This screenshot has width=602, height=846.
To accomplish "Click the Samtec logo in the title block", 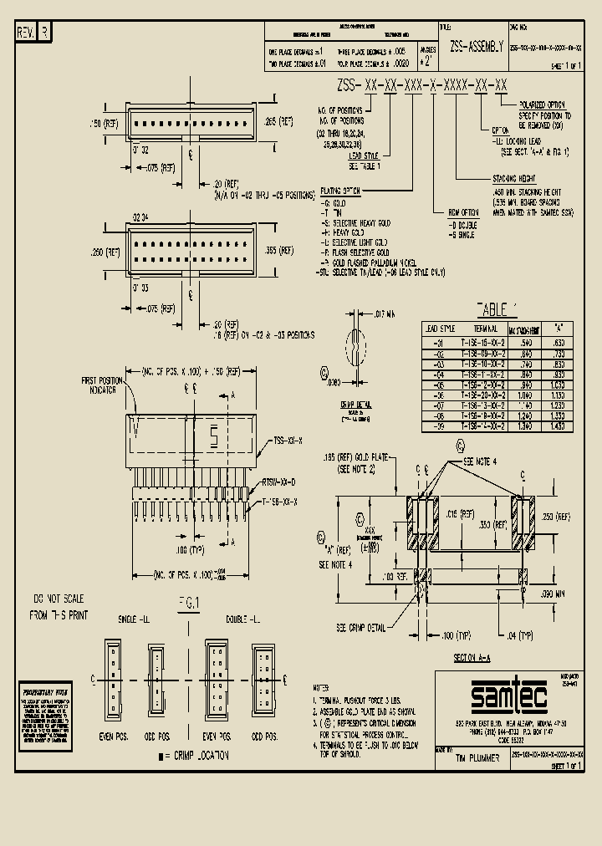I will click(508, 695).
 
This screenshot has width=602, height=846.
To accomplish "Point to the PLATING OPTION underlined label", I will click(340, 191).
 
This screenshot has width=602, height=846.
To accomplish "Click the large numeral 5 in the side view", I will click(212, 435).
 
